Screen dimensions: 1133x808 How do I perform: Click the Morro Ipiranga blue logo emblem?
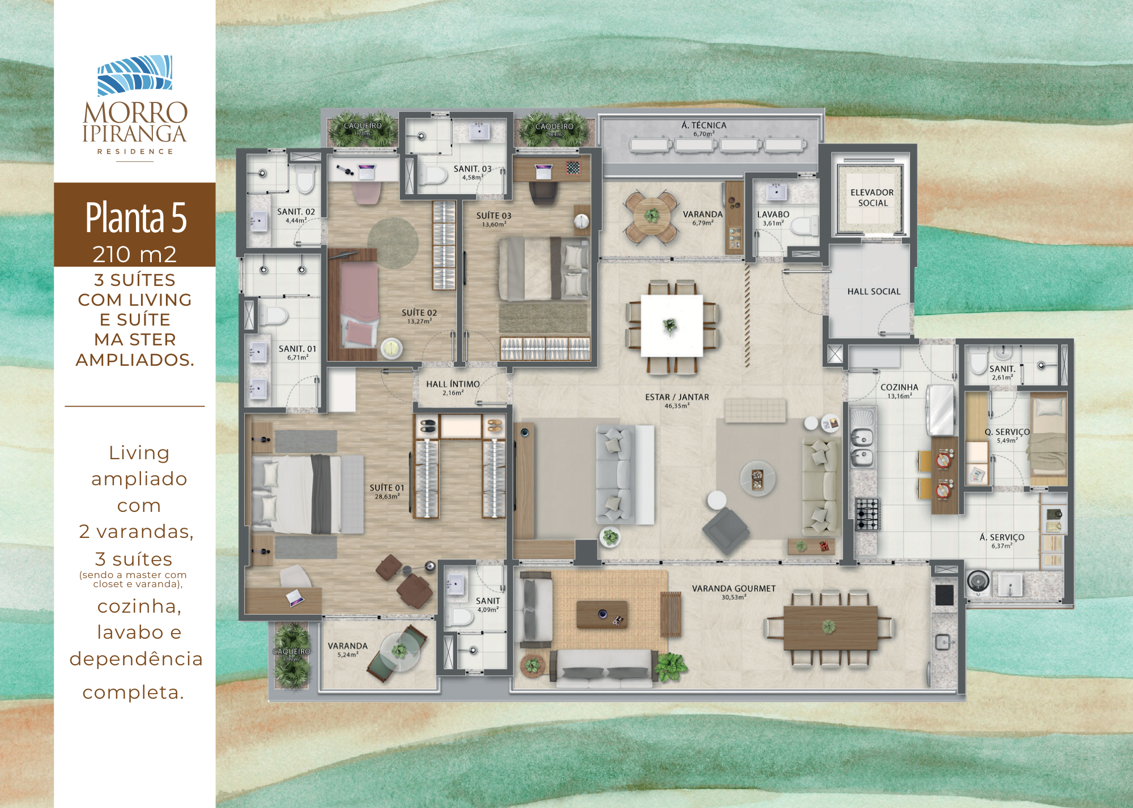[x=135, y=75]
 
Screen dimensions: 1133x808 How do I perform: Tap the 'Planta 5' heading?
[x=135, y=217]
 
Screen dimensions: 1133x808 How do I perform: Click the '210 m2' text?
[x=135, y=255]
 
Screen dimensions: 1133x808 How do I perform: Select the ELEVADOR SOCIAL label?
[x=872, y=198]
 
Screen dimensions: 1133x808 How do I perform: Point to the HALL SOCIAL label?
[x=874, y=292]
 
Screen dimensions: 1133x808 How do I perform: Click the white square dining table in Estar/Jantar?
[x=672, y=326]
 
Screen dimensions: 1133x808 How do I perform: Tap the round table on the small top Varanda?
[x=651, y=216]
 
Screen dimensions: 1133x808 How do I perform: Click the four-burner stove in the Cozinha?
[x=867, y=514]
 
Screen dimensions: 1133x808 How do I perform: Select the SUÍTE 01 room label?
[x=387, y=488]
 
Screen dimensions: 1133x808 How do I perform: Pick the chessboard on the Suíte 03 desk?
[x=573, y=168]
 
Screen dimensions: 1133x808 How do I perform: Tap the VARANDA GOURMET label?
[x=734, y=589]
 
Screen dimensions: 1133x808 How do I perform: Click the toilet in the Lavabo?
[x=804, y=227]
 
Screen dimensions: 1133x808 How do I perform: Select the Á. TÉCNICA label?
[x=704, y=126]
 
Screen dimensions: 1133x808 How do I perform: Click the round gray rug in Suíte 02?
[x=393, y=243]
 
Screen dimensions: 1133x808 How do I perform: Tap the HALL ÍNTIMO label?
[x=453, y=384]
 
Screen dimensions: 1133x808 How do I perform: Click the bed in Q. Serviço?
[x=1048, y=441]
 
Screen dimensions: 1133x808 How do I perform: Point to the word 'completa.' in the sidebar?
[x=133, y=692]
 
